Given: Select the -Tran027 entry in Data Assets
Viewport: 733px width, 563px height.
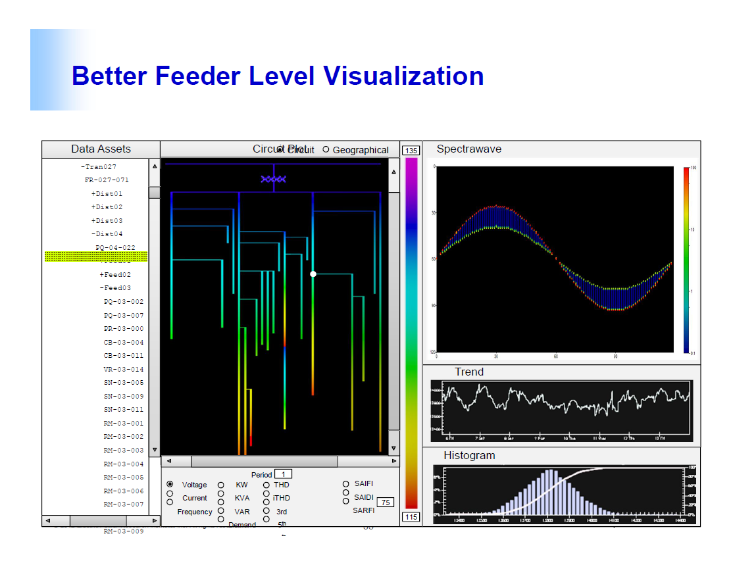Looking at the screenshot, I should pyautogui.click(x=99, y=167).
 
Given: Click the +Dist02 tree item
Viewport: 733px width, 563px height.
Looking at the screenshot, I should pyautogui.click(x=107, y=207).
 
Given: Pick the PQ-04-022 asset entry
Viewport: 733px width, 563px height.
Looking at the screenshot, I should pyautogui.click(x=115, y=248).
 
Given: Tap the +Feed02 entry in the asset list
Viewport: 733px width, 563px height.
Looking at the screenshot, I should pyautogui.click(x=115, y=275).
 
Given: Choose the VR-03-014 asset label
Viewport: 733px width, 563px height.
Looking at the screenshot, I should pyautogui.click(x=123, y=370).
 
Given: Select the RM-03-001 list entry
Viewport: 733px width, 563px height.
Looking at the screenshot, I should pyautogui.click(x=123, y=424).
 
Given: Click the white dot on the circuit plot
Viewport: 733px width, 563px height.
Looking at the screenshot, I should pyautogui.click(x=313, y=274).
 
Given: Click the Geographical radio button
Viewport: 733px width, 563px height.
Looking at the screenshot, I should pyautogui.click(x=326, y=150).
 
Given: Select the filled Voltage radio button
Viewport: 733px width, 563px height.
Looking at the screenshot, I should pyautogui.click(x=170, y=484).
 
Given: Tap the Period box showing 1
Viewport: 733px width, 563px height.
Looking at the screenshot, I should pyautogui.click(x=283, y=474).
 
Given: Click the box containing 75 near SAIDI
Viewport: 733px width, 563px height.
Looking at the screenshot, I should pyautogui.click(x=385, y=502).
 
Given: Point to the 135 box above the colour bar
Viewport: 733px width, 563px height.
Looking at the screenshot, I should pyautogui.click(x=411, y=151).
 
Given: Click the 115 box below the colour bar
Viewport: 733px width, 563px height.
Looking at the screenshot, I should pyautogui.click(x=411, y=517).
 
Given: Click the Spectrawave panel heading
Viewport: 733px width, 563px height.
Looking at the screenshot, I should pyautogui.click(x=468, y=149).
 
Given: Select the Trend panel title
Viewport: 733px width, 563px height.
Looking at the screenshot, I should pyautogui.click(x=468, y=372).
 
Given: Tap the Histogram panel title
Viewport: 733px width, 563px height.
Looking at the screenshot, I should pyautogui.click(x=469, y=456).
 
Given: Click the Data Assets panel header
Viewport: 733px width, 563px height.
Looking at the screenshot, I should pyautogui.click(x=101, y=149).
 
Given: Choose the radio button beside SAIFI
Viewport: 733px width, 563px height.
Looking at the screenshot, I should pyautogui.click(x=345, y=484).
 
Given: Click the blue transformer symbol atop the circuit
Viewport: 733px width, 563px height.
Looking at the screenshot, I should pyautogui.click(x=273, y=179).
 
